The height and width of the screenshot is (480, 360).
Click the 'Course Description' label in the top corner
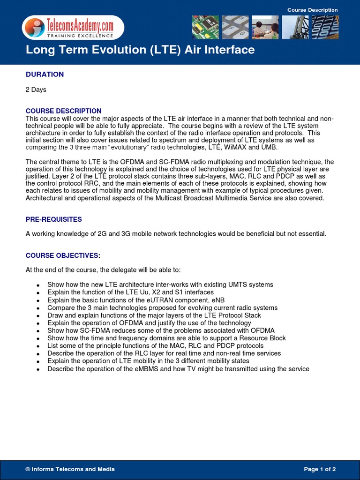tap(312, 10)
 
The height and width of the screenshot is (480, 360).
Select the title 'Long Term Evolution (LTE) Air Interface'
tap(140, 50)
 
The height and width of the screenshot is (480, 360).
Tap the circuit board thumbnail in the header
tap(205, 27)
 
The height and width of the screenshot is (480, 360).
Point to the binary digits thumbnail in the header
tap(325, 27)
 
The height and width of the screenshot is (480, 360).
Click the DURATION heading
tap(45, 74)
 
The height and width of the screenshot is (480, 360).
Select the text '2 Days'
tap(36, 90)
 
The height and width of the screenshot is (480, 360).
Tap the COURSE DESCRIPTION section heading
tap(63, 111)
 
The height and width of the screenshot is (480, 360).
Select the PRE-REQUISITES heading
tap(53, 219)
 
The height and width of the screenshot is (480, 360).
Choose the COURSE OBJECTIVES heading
tap(62, 255)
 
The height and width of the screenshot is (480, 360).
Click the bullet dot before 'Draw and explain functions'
tap(37, 316)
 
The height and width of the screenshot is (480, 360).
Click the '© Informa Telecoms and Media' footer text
tap(70, 469)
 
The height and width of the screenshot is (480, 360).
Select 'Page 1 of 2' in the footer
tap(320, 469)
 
